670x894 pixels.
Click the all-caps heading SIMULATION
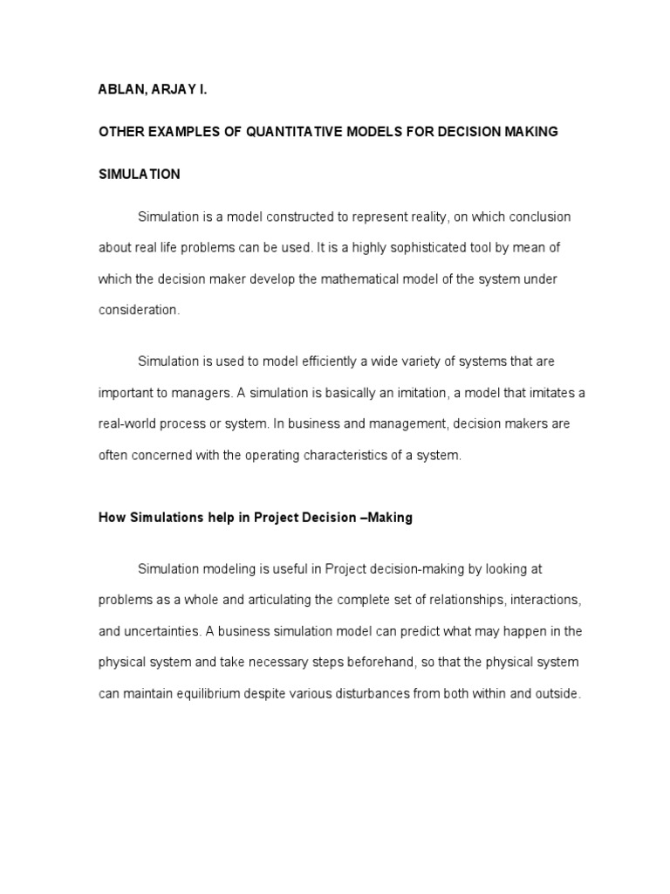coord(139,174)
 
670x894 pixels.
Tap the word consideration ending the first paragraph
coord(139,310)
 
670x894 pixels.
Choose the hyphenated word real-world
coord(131,424)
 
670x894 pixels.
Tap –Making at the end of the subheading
coord(386,518)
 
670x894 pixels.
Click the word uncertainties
coord(164,632)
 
